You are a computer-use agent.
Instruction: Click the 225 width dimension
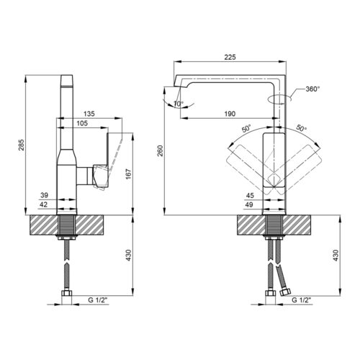point(230,57)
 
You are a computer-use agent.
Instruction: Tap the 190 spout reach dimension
point(230,114)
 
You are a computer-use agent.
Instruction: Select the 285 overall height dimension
point(22,145)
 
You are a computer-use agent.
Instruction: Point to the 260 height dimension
point(160,150)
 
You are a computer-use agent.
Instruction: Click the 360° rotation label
point(312,89)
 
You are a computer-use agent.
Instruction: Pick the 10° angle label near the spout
point(179,104)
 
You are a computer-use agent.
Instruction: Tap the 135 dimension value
point(89,114)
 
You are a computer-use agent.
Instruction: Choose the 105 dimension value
point(82,123)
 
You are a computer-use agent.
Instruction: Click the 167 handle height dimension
point(129,174)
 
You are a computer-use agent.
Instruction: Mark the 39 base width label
point(44,195)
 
